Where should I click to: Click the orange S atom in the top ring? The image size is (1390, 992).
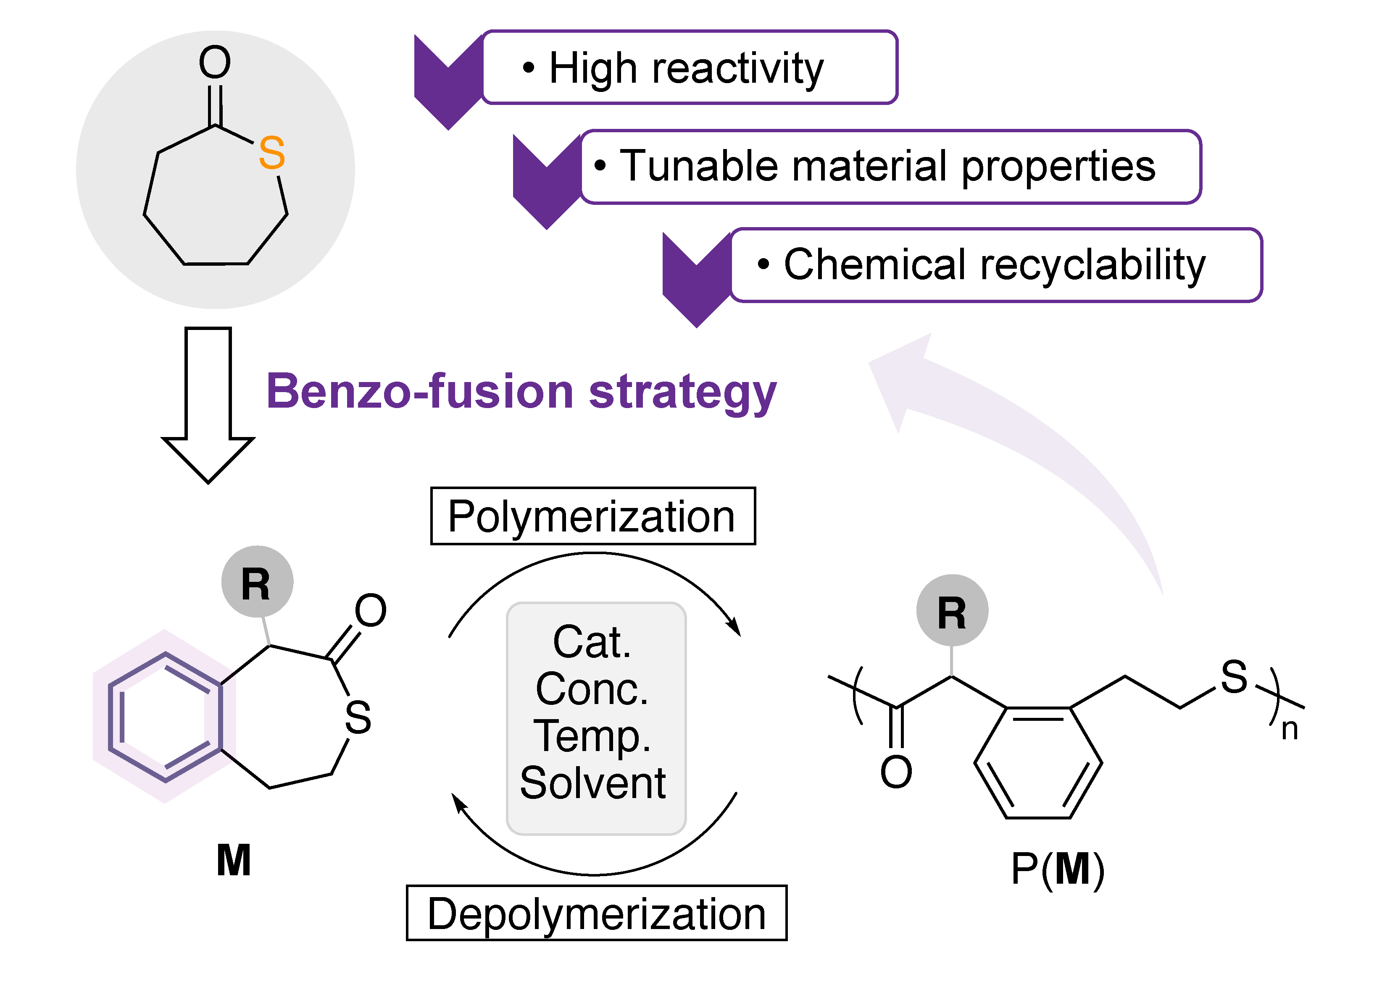pyautogui.click(x=271, y=153)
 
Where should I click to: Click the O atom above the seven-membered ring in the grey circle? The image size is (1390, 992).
pyautogui.click(x=215, y=62)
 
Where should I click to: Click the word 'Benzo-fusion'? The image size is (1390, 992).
pyautogui.click(x=420, y=392)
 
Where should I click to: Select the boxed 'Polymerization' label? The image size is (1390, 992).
pyautogui.click(x=592, y=516)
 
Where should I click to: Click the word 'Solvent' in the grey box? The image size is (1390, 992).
pyautogui.click(x=592, y=783)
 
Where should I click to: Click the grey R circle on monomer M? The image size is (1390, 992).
pyautogui.click(x=257, y=582)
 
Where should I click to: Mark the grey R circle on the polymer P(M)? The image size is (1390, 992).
pyautogui.click(x=952, y=611)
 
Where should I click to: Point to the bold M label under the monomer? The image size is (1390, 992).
pyautogui.click(x=234, y=860)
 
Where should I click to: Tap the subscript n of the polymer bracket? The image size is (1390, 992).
pyautogui.click(x=1289, y=729)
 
